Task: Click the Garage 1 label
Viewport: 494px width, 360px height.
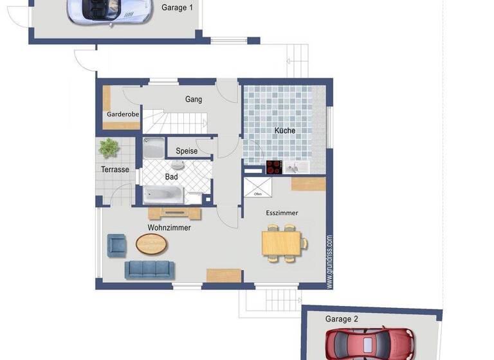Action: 177,8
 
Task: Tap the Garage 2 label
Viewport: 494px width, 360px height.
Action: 341,319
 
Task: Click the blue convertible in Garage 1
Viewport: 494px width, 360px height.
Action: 109,12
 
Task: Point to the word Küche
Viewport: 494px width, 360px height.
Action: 285,130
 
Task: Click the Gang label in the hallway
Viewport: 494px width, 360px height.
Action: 194,100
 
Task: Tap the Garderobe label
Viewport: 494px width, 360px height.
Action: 123,114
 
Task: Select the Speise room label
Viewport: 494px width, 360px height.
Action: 187,151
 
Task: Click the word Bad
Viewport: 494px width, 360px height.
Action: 172,176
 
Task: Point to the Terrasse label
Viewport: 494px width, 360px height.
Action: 115,170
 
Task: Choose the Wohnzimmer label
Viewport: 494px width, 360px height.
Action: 169,228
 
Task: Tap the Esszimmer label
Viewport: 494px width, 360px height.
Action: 282,213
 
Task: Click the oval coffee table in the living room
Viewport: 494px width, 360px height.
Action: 152,244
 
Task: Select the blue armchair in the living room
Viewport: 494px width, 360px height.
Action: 117,244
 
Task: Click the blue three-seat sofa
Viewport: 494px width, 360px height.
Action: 149,269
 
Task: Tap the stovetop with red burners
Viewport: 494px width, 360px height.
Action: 274,167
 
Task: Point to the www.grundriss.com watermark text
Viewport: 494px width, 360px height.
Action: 329,260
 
